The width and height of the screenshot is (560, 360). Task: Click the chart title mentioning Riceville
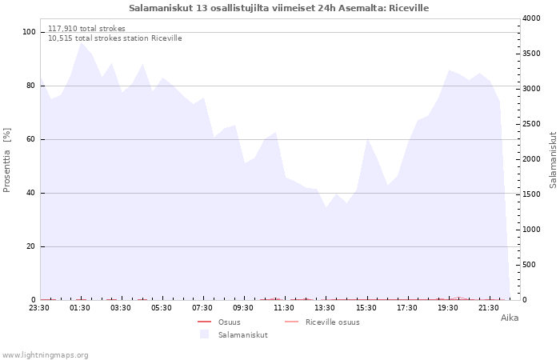coord(278,8)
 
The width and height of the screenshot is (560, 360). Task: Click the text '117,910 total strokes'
coord(86,29)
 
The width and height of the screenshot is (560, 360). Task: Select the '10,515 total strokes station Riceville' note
coord(115,38)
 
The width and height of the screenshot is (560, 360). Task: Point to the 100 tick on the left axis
coord(30,32)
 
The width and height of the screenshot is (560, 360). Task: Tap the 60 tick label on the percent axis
coord(30,139)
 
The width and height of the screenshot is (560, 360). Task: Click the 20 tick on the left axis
coord(30,246)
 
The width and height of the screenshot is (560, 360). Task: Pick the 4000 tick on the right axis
coord(531,18)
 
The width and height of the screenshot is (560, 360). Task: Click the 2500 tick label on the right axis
coord(531,124)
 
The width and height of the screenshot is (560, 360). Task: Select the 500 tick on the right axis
coord(530,265)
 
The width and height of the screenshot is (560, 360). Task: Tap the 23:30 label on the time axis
coord(39,308)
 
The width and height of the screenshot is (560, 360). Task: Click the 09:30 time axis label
coord(243,308)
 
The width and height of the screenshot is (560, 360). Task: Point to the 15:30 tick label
coord(366,308)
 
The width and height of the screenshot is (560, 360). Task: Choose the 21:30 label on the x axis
coord(489,308)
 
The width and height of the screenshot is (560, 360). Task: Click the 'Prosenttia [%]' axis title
coord(6,160)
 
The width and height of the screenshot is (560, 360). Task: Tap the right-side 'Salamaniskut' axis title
coord(553,160)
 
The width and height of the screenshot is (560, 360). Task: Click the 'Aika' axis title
coord(510,318)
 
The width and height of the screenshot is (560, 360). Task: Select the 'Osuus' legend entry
coord(219,322)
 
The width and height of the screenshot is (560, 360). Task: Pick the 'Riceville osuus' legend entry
coord(322,322)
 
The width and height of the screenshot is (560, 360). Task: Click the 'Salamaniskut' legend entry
coord(234,335)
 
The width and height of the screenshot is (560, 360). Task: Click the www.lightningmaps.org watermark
coord(45,355)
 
